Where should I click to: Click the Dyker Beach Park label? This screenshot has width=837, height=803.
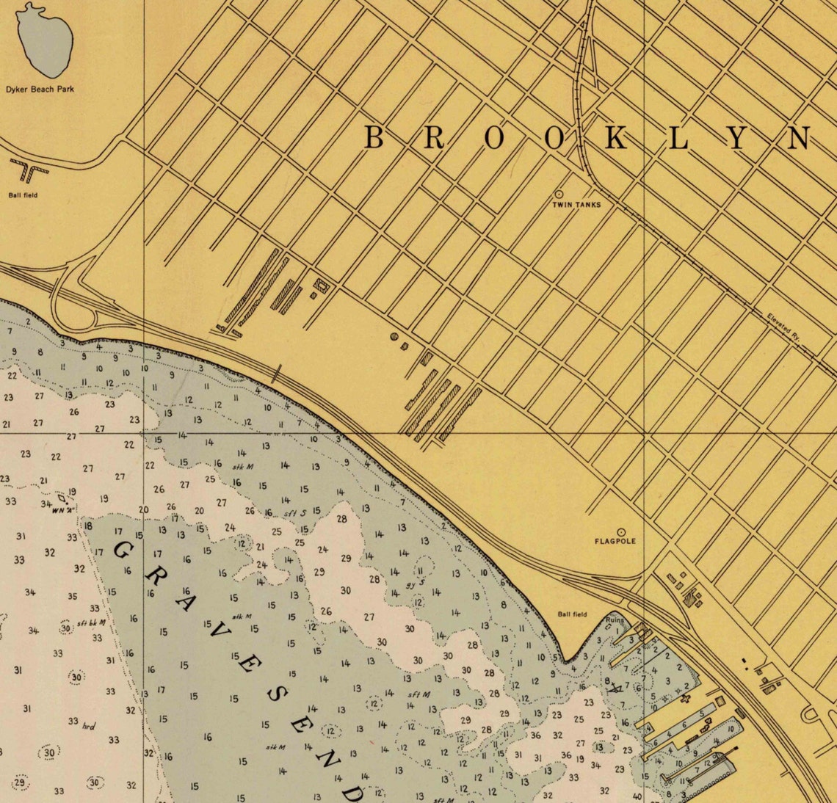(x=40, y=90)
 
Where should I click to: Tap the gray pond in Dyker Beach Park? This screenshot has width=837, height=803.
(x=46, y=41)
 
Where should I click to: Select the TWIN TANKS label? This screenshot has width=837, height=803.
(x=576, y=205)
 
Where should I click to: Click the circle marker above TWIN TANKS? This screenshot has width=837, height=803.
(x=559, y=195)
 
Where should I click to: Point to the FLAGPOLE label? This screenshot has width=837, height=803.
(x=615, y=542)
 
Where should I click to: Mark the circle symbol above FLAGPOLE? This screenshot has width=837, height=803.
(x=621, y=531)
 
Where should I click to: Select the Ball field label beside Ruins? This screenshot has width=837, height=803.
(x=572, y=614)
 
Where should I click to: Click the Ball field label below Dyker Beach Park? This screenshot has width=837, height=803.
(x=23, y=195)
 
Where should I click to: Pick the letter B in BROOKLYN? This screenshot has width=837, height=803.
(x=374, y=138)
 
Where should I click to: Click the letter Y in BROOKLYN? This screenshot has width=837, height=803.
(x=737, y=138)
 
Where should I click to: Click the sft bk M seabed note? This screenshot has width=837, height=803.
(x=92, y=623)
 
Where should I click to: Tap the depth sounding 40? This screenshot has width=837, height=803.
(x=636, y=796)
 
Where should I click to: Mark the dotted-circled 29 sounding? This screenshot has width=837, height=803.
(x=21, y=782)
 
